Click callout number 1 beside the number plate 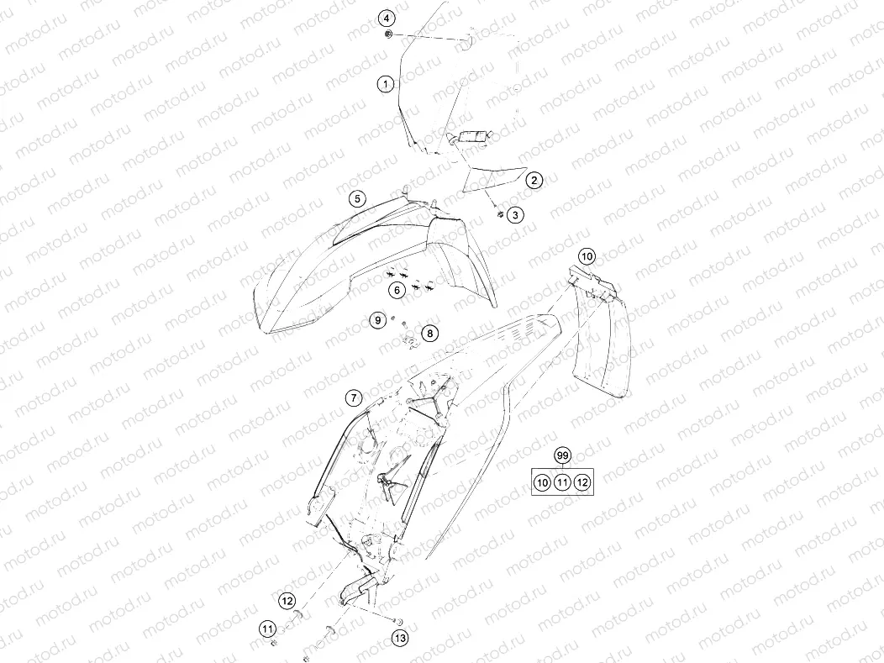pos(386,85)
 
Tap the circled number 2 pos(534,181)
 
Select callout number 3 pos(515,215)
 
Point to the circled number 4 pos(387,18)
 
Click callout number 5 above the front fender pos(357,198)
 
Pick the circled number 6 pos(397,290)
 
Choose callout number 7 pos(354,398)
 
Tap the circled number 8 pos(430,334)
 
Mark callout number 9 pos(378,320)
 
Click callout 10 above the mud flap pos(587,256)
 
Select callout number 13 pos(400,638)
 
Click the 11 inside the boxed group pos(562,482)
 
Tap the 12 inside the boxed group pos(582,482)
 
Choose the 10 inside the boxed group pos(542,482)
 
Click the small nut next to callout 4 pos(388,35)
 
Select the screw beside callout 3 pos(499,213)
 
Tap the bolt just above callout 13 pos(398,621)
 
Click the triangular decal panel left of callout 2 pos(494,179)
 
